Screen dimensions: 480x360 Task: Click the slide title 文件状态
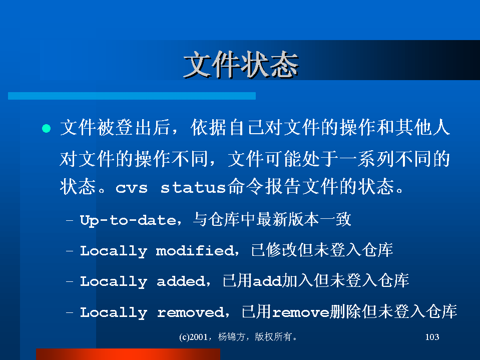pos(241,65)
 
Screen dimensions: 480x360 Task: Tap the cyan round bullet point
pos(46,128)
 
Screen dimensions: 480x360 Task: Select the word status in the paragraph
pos(193,187)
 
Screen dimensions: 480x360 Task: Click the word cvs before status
pos(132,188)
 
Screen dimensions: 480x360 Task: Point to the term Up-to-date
pos(128,220)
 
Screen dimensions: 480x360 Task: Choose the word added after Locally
pos(181,281)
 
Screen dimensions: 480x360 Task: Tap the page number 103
pos(432,337)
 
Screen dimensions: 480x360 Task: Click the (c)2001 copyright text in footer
pos(193,337)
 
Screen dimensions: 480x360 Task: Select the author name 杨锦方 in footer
pos(232,337)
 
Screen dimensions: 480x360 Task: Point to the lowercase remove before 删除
pos(301,312)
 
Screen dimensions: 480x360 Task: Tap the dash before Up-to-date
pos(70,220)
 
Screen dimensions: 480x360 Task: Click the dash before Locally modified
pos(70,250)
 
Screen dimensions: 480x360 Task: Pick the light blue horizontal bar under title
pos(132,96)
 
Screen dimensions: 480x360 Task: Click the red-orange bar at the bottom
pos(128,354)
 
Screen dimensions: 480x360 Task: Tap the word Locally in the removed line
pos(114,313)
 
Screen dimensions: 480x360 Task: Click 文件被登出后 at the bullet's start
pos(115,127)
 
